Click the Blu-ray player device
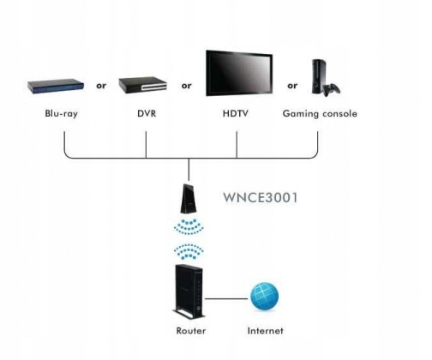[x=56, y=86]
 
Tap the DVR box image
[x=142, y=85]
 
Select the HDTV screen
[x=239, y=73]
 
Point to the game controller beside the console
[x=332, y=90]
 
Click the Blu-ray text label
[x=61, y=113]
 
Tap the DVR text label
[x=147, y=113]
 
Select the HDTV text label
[x=236, y=113]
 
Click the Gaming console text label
[x=320, y=113]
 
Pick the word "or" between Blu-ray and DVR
[x=101, y=86]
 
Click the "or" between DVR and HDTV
[x=186, y=86]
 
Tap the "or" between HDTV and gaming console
[x=292, y=86]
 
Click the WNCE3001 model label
[x=260, y=198]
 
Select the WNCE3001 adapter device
[x=189, y=199]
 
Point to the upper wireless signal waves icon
[x=189, y=227]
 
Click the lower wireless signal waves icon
[x=189, y=252]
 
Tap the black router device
[x=189, y=292]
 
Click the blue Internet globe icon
[x=264, y=297]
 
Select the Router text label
[x=191, y=331]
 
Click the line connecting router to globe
[x=226, y=299]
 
